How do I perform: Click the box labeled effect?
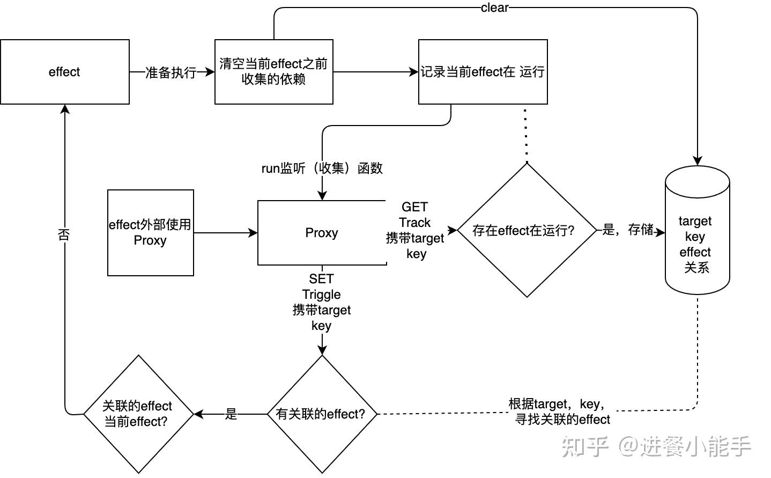(x=64, y=72)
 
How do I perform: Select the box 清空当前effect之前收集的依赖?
(x=273, y=72)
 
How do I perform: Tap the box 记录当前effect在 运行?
(x=483, y=72)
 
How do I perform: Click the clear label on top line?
(x=494, y=8)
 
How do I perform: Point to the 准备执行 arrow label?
(x=170, y=72)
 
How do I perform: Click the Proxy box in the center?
(x=322, y=233)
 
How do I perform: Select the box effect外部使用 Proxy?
(x=150, y=233)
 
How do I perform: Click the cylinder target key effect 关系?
(x=697, y=236)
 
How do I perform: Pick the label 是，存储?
(x=627, y=230)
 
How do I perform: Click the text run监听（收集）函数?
(x=322, y=168)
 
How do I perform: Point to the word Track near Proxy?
(x=414, y=223)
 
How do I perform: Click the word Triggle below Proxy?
(x=321, y=295)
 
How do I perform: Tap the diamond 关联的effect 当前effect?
(x=138, y=414)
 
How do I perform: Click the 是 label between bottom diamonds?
(x=231, y=414)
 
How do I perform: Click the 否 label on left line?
(x=64, y=234)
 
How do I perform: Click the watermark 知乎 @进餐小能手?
(x=656, y=446)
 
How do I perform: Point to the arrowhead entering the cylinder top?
(x=697, y=160)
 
